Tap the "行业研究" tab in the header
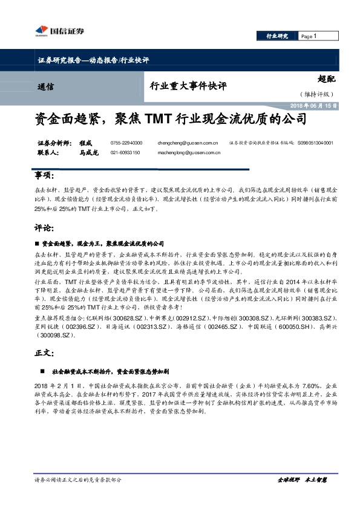pos(278,37)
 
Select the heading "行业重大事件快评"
pos(188,86)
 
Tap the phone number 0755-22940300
pos(126,143)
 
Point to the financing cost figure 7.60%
pos(309,384)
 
